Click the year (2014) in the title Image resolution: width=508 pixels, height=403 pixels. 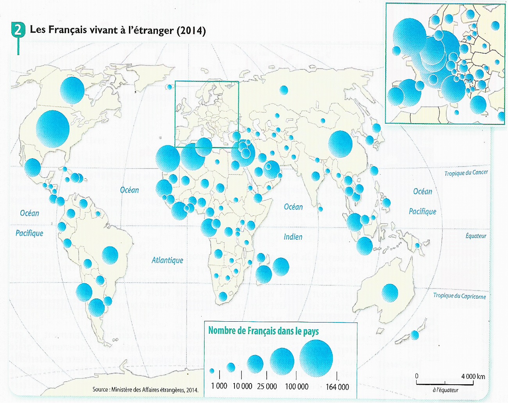pos(191,30)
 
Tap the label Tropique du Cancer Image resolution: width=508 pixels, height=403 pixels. pos(466,173)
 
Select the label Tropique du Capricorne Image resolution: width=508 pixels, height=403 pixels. pos(459,296)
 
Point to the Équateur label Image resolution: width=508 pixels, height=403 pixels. pos(476,236)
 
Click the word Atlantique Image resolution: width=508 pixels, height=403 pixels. pos(167,260)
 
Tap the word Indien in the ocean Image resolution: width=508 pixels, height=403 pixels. pos(293,236)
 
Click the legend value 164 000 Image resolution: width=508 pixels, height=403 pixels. pos(337,387)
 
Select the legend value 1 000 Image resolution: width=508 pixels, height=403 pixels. pos(219,386)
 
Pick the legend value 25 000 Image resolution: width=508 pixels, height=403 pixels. pos(267,386)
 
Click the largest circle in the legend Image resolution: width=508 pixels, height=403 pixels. pos(316,356)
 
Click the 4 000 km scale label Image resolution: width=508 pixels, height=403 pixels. pos(473,376)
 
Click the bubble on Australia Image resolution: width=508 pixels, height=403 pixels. pos(390,292)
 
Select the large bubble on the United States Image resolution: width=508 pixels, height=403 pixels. pos(53,129)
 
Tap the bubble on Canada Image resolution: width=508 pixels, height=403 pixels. pos(72,90)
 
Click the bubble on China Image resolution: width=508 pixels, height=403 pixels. pos(340,144)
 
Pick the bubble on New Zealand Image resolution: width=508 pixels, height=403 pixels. pos(414,335)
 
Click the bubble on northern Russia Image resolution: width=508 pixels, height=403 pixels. pos(284,90)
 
